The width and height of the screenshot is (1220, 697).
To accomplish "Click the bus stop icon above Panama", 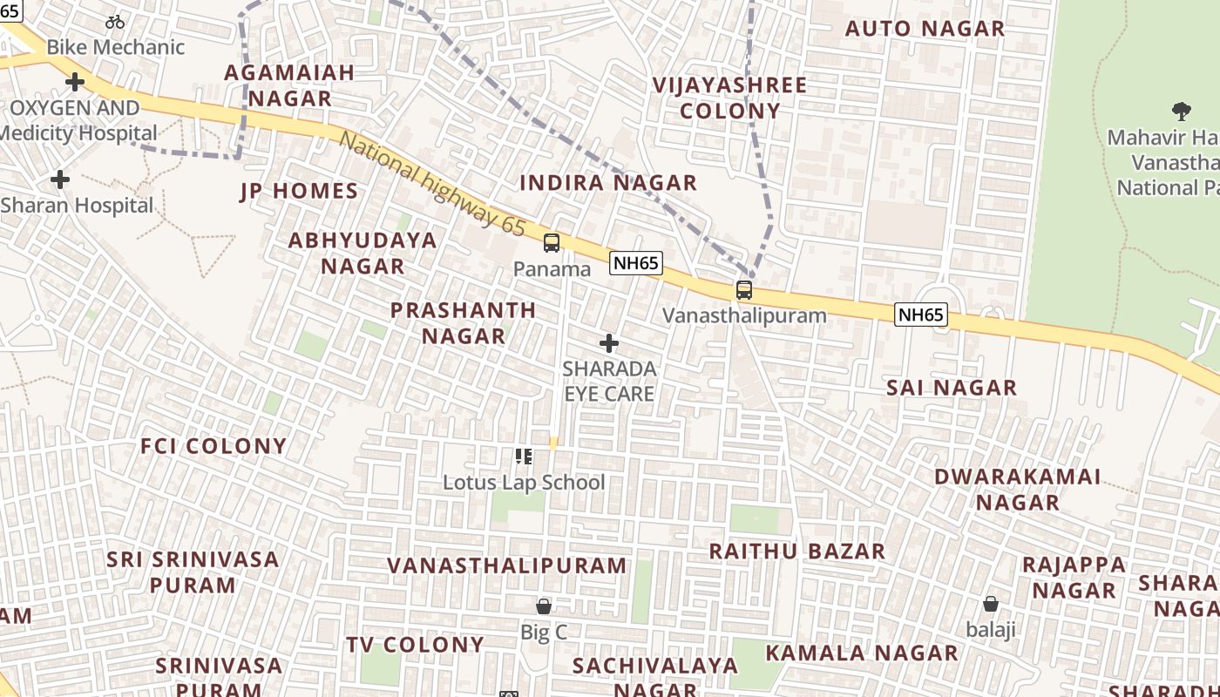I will (552, 243).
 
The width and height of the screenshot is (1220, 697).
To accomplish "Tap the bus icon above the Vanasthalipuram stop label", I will (744, 290).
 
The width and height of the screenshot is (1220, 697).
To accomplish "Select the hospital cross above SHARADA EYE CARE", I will (609, 343).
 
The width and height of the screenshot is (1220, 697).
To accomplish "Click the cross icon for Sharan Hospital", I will (60, 179).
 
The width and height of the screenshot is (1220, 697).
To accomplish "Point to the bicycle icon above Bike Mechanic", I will (115, 22).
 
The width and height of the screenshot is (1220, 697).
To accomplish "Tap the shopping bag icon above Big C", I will (544, 606).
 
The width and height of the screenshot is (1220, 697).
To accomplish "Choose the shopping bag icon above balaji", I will (991, 603).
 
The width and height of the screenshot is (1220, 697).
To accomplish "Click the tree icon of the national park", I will (1182, 112).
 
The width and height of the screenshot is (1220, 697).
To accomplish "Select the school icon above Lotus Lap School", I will (524, 456).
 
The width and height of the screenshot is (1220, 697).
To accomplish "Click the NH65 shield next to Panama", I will (636, 263).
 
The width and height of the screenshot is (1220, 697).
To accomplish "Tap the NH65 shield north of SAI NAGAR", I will (921, 315).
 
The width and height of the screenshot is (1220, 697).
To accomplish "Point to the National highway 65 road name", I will (432, 185).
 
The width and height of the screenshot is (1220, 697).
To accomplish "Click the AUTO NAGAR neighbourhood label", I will (925, 29).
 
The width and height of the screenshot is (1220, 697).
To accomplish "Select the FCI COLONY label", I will (213, 446).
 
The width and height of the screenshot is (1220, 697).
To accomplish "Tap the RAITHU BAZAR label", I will (796, 552).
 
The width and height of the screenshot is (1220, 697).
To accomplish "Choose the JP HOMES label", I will (299, 192).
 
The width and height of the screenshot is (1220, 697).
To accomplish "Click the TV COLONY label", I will (415, 645).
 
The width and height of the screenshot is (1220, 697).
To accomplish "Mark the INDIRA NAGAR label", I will (608, 183).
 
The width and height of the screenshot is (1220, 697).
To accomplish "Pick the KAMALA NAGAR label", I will (862, 653).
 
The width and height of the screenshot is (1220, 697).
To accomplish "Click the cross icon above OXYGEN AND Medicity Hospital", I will (75, 82).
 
